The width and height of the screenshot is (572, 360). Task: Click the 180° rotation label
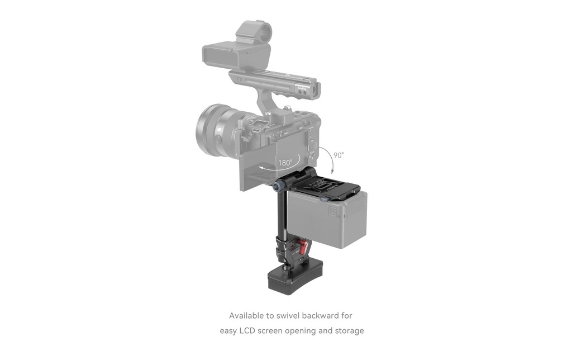285,163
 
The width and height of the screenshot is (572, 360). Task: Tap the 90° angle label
339,155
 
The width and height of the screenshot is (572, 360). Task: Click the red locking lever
302,247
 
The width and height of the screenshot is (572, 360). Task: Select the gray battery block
327,219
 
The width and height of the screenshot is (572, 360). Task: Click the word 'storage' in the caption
350,331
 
